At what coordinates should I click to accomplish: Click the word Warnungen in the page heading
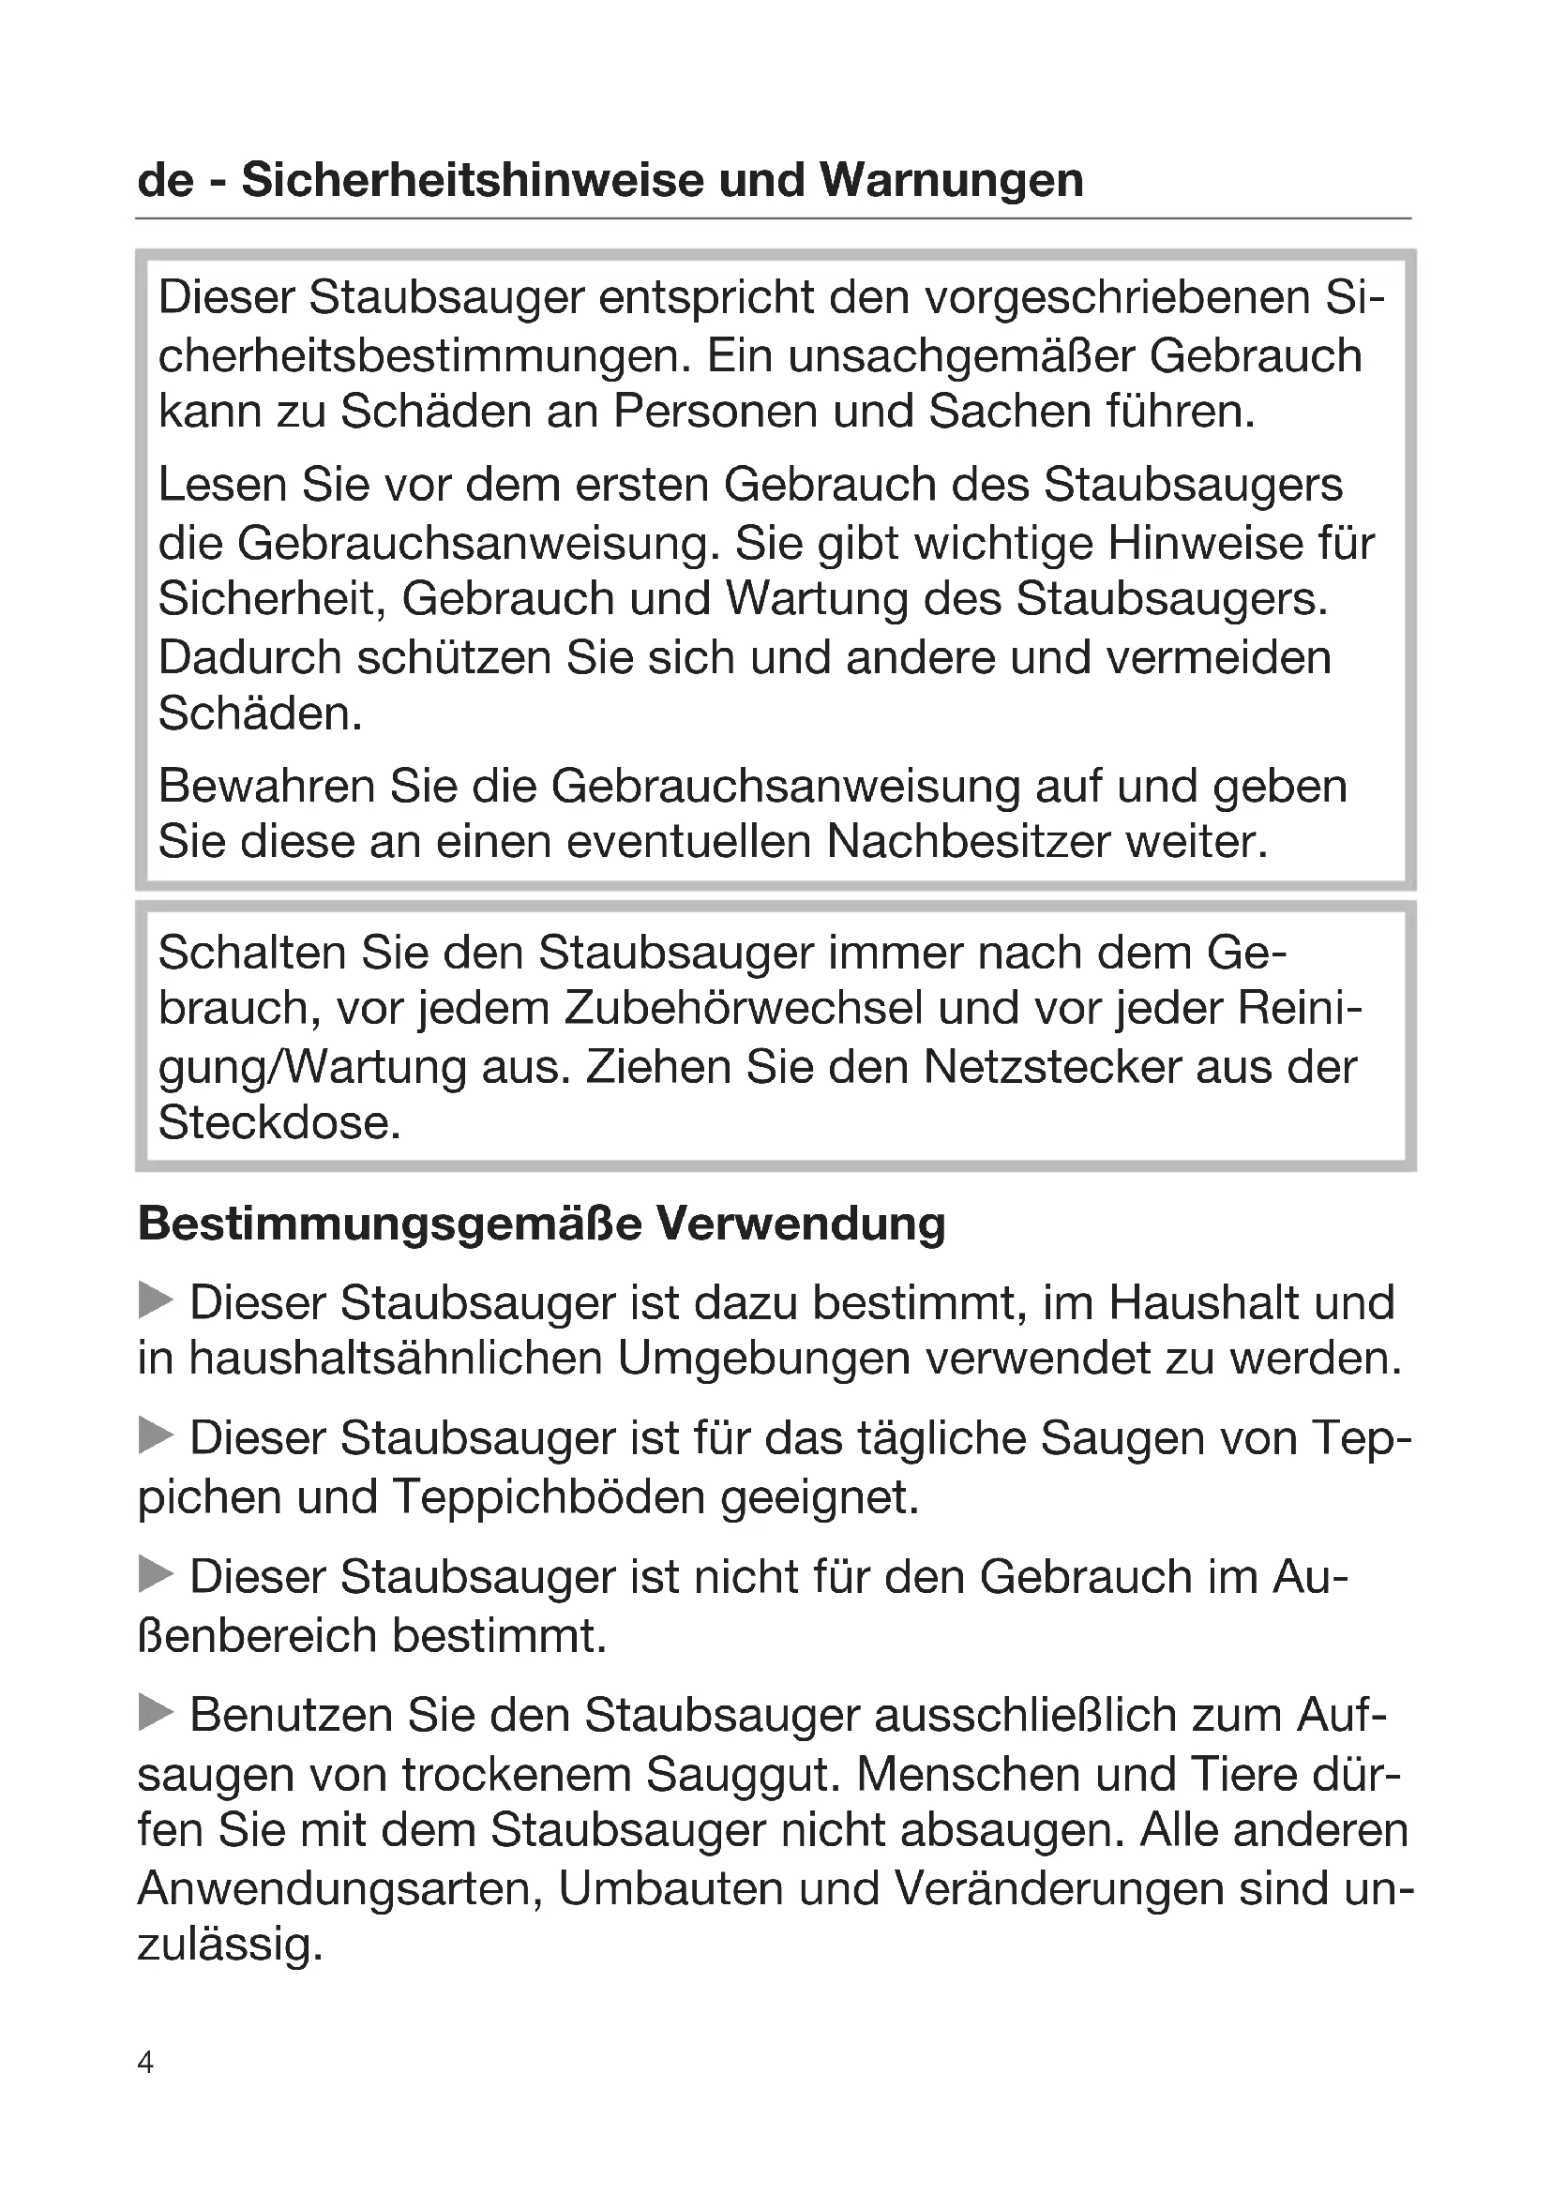pyautogui.click(x=951, y=180)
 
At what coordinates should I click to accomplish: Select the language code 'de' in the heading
pyautogui.click(x=165, y=180)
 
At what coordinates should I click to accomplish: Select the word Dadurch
pyautogui.click(x=249, y=657)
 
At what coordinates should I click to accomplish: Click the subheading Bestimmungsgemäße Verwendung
pyautogui.click(x=541, y=1224)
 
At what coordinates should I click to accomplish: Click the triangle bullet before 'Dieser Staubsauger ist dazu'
pyautogui.click(x=156, y=1299)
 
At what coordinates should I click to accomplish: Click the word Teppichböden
pyautogui.click(x=550, y=1496)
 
